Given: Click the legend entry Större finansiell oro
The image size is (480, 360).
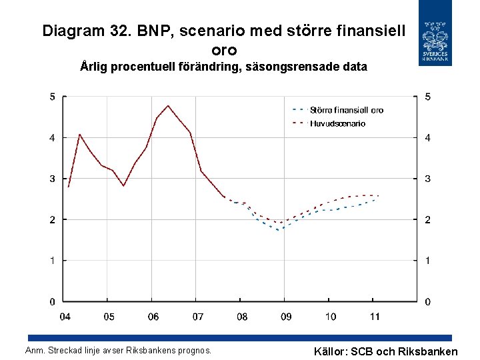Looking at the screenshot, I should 345,110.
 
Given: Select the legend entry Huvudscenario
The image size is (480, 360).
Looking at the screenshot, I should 337,123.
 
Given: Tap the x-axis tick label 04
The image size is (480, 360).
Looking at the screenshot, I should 65,317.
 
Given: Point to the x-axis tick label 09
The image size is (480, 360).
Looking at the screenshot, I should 285,317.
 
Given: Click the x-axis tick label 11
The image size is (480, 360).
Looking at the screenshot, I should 375,317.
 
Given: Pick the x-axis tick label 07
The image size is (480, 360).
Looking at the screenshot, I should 197,317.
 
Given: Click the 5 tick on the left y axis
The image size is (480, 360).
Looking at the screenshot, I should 53,97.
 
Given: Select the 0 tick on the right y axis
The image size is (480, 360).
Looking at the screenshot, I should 427,302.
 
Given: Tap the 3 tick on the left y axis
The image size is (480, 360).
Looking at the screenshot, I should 53,179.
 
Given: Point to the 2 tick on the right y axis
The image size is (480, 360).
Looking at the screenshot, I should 427,220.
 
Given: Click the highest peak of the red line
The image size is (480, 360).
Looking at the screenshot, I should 168,105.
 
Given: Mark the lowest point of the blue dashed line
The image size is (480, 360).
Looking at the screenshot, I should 279,230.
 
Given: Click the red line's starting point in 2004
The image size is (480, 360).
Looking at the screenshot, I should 68,187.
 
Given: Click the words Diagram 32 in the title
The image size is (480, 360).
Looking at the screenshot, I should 85,31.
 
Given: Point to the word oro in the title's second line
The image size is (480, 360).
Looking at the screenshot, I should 223,50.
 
